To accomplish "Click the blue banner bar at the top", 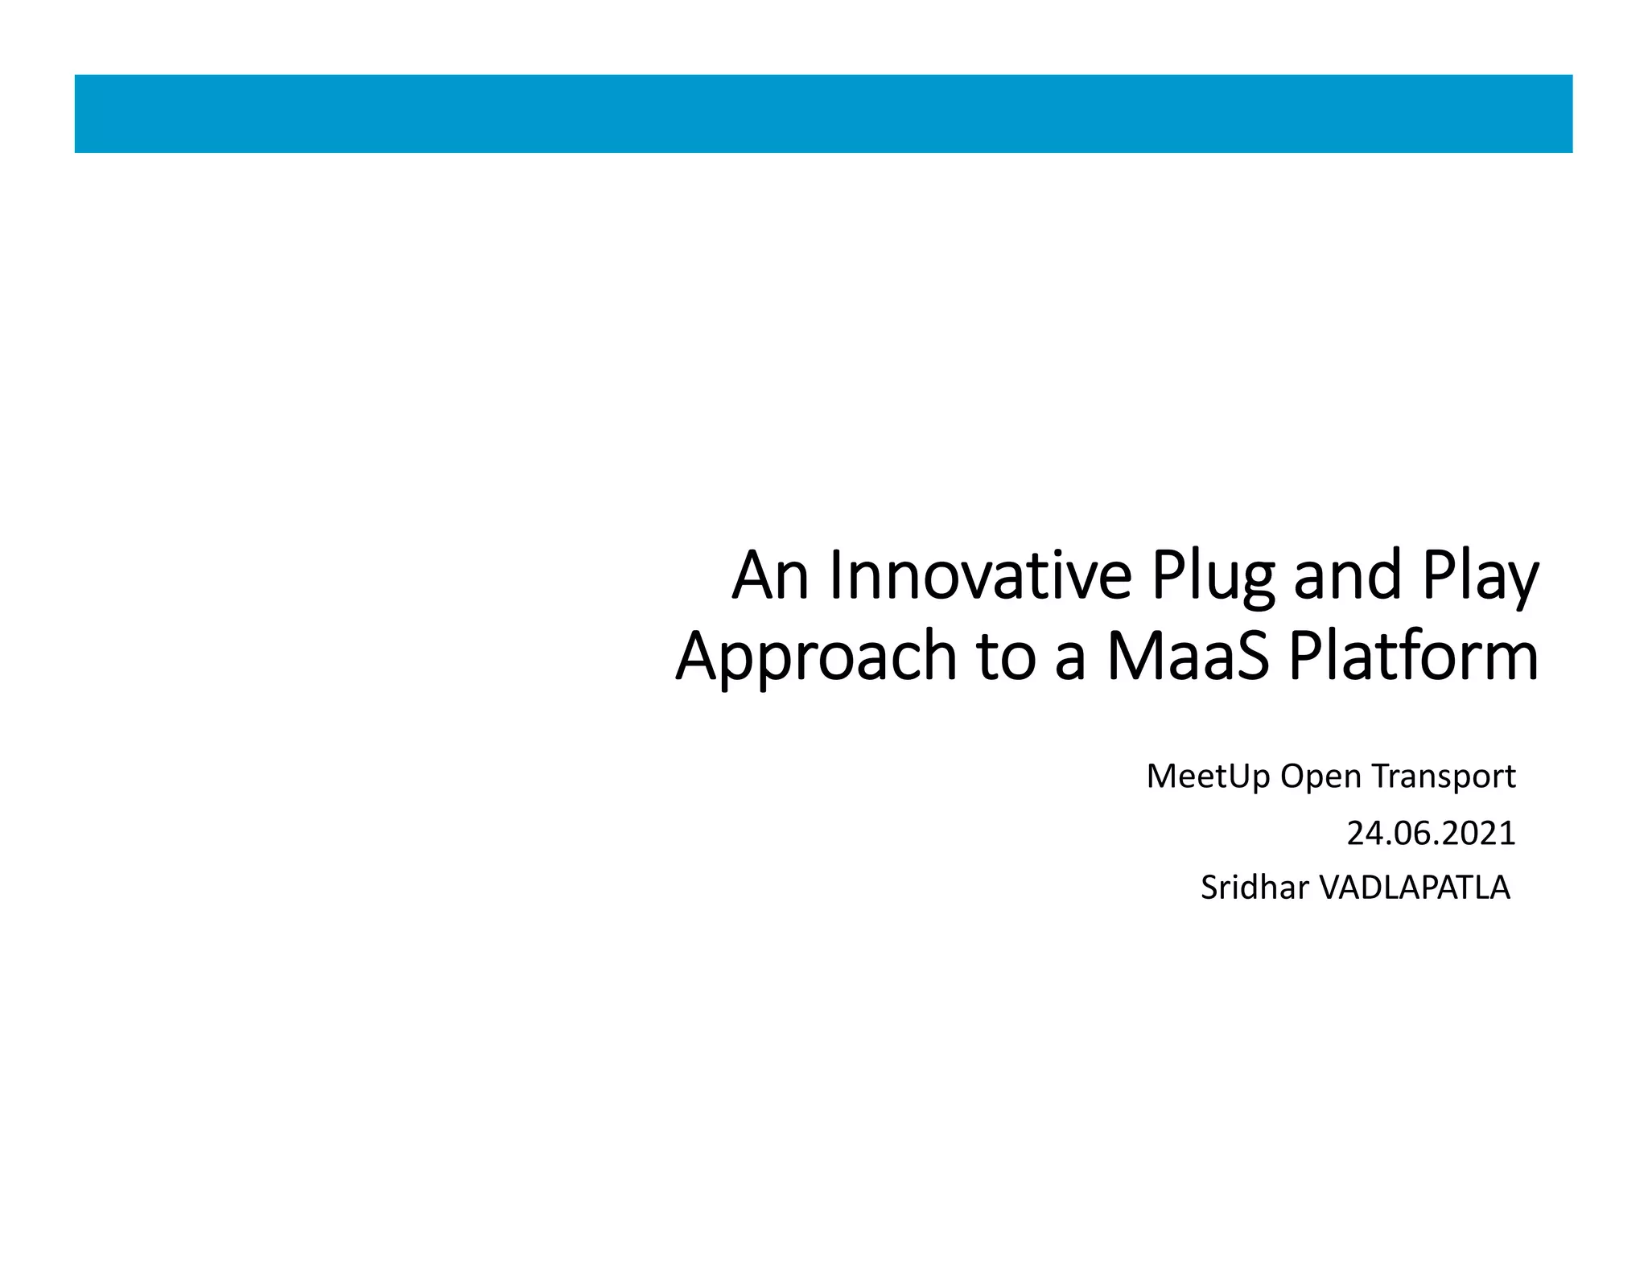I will (x=823, y=113).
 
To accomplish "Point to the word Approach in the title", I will (x=817, y=657).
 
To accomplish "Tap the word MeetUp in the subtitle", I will (x=1208, y=777).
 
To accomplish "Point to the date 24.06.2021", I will (x=1431, y=834).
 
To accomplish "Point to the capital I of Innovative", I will (x=834, y=576).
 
